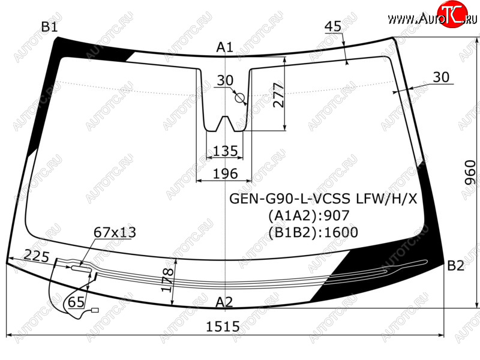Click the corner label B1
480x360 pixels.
[49, 27]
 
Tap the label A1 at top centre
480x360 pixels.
[224, 47]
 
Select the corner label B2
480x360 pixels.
[455, 265]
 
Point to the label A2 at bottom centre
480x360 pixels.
[224, 302]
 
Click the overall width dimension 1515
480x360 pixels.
[223, 326]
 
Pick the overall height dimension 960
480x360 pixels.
[470, 173]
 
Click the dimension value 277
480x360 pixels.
[278, 95]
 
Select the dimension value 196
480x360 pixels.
[226, 173]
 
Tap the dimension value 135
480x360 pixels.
[226, 151]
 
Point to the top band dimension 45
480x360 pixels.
[333, 26]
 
